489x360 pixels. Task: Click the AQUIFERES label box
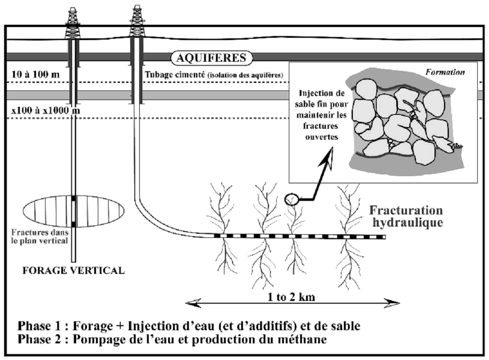(212, 58)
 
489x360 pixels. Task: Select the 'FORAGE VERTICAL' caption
(73, 271)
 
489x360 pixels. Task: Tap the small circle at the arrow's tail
(291, 198)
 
